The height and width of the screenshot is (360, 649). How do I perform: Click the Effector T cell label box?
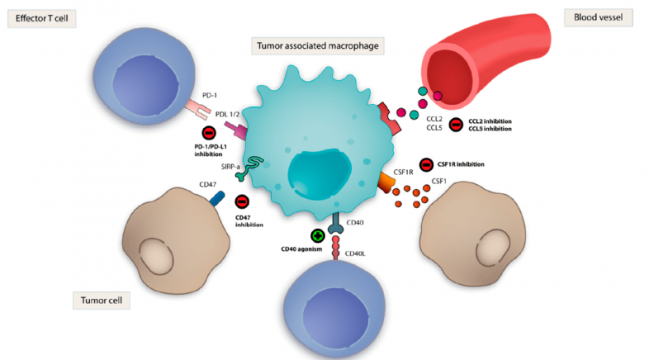tap(41, 18)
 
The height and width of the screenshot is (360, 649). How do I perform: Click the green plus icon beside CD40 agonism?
tap(316, 236)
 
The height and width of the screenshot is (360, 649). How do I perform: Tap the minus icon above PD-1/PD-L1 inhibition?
tap(210, 134)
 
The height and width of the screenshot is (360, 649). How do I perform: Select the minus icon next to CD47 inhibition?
tap(243, 201)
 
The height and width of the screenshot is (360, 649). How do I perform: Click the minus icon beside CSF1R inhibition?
tap(426, 163)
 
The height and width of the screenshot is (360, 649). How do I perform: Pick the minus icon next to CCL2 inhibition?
tap(455, 124)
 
